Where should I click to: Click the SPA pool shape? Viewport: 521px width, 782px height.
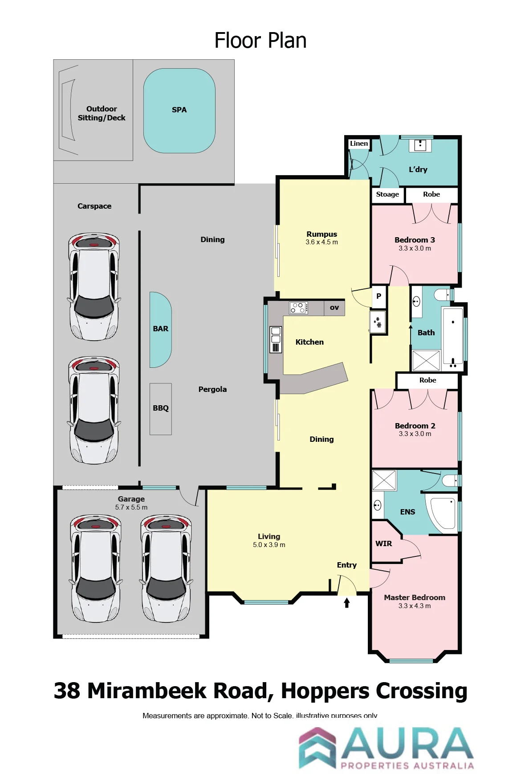tap(179, 111)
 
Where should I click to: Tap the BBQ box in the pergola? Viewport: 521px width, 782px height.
tap(161, 409)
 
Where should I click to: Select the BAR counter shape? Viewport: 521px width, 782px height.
tap(160, 329)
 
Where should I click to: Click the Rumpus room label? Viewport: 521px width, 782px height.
tap(322, 234)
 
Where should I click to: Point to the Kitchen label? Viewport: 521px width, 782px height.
tap(309, 342)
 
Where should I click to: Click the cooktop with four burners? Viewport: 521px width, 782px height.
tap(298, 308)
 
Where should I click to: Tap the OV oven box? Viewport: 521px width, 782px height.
tap(334, 308)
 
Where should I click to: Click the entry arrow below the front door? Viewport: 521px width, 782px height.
tap(347, 602)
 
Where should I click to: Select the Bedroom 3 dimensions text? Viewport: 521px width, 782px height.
tap(415, 248)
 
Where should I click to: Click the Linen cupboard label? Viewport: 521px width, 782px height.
tap(359, 144)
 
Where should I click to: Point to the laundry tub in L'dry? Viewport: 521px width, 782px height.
tap(420, 145)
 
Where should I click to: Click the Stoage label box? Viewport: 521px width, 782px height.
tap(388, 195)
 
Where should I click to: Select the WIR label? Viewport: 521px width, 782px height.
tap(384, 543)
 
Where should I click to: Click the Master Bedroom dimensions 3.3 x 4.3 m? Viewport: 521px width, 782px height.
tap(415, 606)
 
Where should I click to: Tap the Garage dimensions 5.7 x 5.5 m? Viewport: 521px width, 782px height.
tap(131, 507)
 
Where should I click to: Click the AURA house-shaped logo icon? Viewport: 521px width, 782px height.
tap(317, 748)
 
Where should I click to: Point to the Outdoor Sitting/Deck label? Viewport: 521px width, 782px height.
tap(102, 113)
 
